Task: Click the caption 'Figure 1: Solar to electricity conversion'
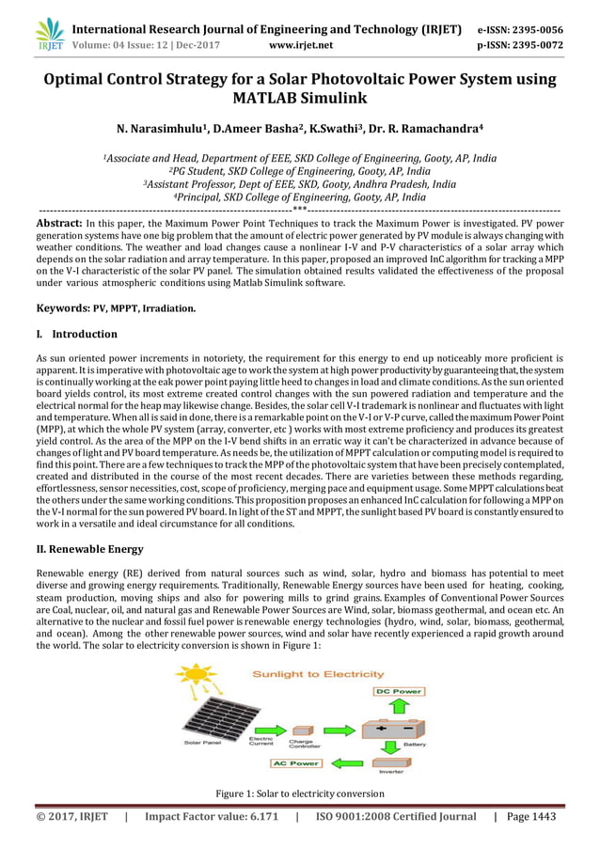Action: [x=299, y=793]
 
